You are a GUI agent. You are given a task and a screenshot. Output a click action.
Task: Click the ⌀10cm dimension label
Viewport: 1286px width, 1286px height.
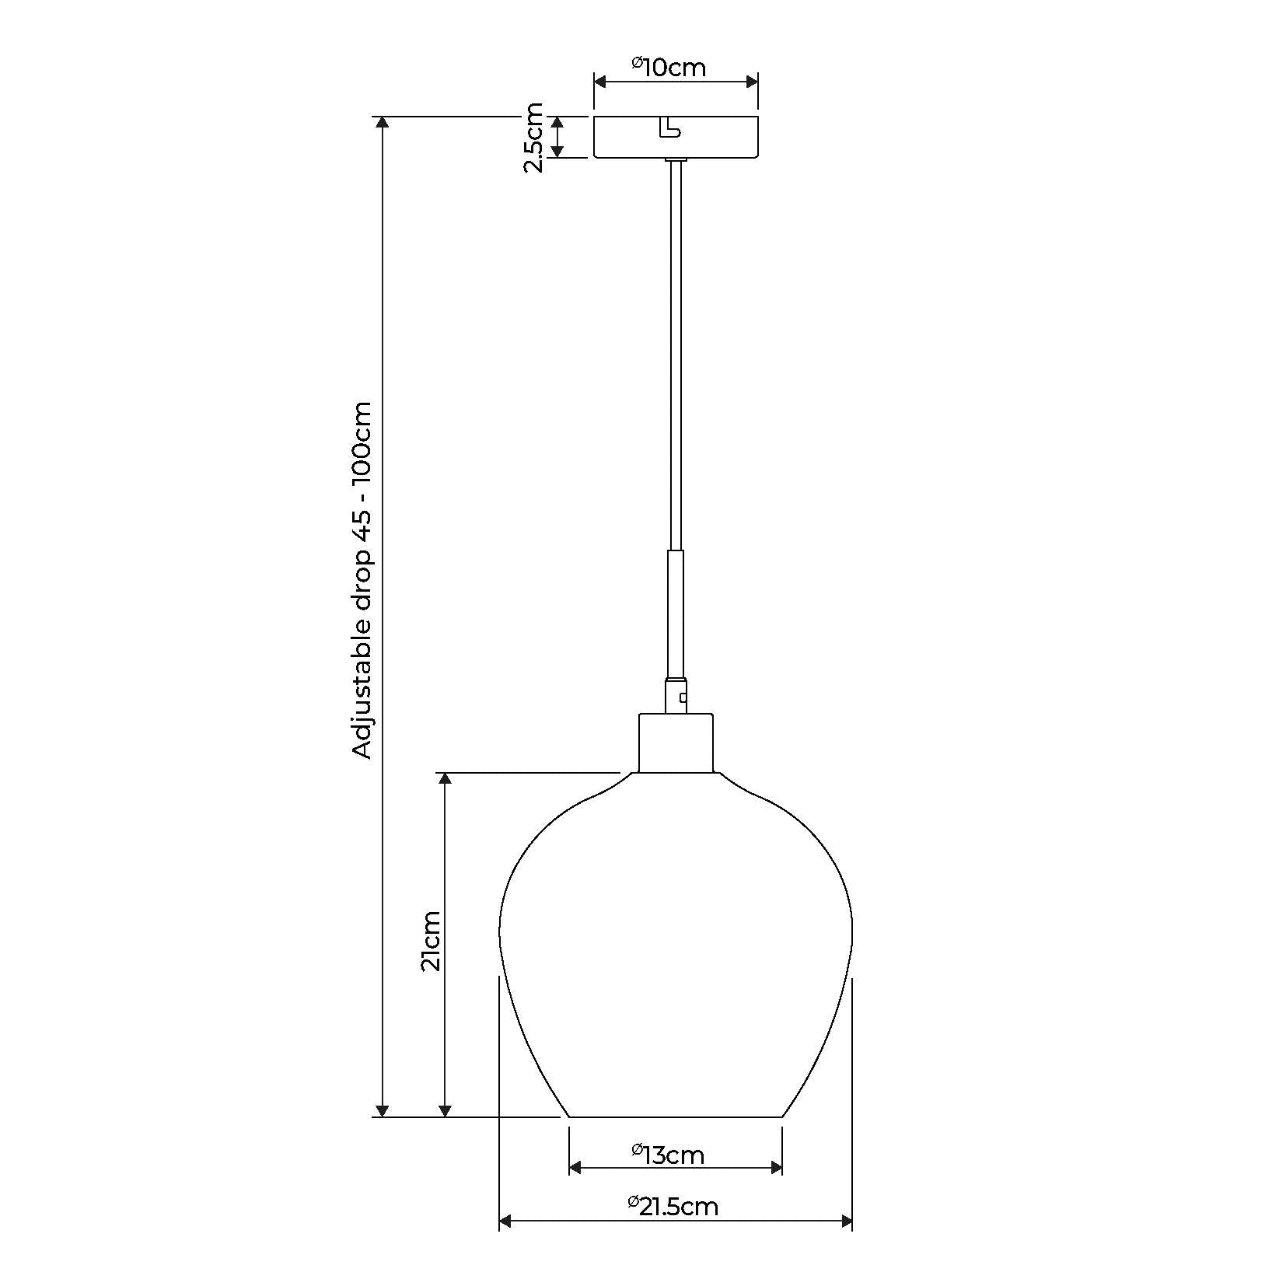[668, 68]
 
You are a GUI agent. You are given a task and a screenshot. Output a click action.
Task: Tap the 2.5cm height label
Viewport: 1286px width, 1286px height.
[533, 137]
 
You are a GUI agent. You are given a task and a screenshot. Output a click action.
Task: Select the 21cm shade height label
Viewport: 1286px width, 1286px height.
[430, 940]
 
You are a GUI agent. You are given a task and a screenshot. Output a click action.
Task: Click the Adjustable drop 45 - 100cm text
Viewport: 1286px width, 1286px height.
[362, 580]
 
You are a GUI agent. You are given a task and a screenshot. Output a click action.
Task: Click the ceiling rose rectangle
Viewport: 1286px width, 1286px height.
[715, 138]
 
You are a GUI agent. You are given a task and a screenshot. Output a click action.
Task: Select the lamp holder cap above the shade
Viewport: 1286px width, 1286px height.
[675, 743]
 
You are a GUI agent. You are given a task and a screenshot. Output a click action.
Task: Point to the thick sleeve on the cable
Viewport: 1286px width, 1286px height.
[675, 614]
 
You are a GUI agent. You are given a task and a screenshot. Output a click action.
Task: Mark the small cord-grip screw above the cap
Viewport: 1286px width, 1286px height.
[683, 697]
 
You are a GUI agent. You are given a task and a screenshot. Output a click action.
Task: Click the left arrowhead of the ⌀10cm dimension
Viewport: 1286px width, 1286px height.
[599, 81]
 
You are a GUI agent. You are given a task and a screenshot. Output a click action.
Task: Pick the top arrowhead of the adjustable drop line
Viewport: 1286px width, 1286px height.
[381, 123]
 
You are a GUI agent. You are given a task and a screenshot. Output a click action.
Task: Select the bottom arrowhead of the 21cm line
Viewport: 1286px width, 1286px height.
[445, 1111]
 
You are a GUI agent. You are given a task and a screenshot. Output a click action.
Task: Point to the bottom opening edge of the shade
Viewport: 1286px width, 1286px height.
[675, 1117]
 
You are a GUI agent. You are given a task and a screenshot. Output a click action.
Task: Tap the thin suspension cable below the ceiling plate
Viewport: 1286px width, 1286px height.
[675, 350]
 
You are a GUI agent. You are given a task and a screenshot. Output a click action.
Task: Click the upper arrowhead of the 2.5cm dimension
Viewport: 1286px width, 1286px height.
[557, 123]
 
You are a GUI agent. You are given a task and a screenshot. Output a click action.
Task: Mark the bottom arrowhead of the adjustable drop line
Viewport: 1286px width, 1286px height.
[381, 1111]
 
